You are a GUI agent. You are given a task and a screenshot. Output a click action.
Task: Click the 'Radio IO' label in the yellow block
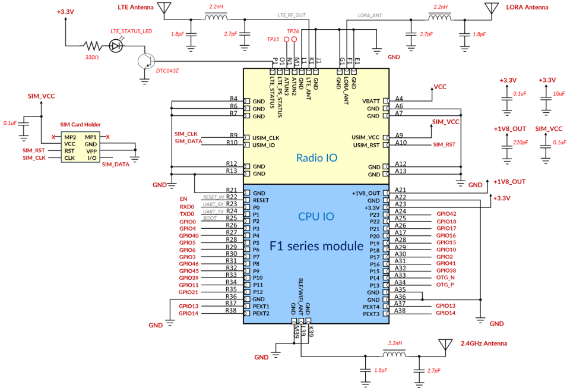(x=316, y=158)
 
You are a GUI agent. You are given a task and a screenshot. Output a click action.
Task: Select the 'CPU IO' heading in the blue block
(x=316, y=216)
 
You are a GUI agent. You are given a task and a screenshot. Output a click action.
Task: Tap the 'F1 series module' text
(x=316, y=245)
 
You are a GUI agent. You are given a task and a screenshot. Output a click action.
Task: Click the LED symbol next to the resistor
(x=117, y=45)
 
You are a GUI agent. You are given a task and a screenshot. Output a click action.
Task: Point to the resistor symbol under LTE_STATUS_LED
(x=91, y=45)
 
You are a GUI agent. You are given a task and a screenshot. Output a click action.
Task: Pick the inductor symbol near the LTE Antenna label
(x=216, y=17)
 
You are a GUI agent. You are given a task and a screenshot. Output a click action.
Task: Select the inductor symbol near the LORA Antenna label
(x=441, y=17)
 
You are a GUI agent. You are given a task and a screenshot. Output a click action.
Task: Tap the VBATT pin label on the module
(x=370, y=102)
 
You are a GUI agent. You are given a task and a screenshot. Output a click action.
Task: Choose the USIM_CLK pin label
(x=265, y=138)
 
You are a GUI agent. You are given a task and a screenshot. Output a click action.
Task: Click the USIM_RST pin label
(x=366, y=145)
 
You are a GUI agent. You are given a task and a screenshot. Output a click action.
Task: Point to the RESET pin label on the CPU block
(x=261, y=200)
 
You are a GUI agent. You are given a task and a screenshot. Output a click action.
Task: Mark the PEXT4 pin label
(x=371, y=307)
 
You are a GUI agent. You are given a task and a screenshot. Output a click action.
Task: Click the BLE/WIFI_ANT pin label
(x=300, y=294)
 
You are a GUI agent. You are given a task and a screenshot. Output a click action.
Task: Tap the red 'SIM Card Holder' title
(x=80, y=125)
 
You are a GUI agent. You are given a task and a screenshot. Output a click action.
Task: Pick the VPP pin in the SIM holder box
(x=91, y=151)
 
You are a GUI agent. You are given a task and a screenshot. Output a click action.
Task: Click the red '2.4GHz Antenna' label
(x=484, y=343)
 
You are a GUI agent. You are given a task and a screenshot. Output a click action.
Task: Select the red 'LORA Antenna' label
(x=527, y=8)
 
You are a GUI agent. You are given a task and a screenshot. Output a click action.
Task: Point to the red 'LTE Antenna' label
(x=135, y=8)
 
